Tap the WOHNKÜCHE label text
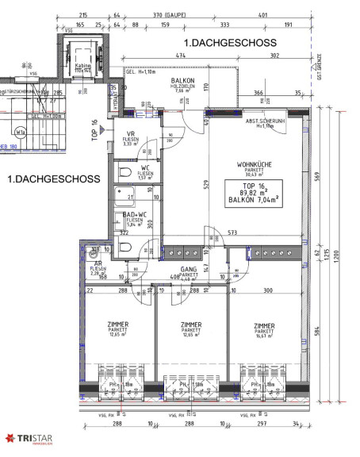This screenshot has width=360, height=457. point(255,165)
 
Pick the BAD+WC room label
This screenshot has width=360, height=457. point(131,215)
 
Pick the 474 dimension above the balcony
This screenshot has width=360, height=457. point(180,56)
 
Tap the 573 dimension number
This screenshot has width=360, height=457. point(233,232)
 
